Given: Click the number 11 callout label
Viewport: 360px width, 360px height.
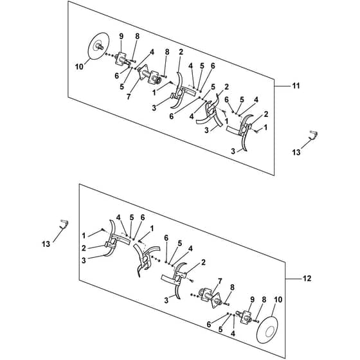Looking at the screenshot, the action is click(x=296, y=86).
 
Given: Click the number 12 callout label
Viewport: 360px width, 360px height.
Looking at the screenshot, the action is click(x=307, y=278).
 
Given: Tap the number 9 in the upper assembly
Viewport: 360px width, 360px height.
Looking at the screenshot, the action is click(x=122, y=36).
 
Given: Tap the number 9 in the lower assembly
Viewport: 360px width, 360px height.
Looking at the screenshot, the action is click(x=252, y=300).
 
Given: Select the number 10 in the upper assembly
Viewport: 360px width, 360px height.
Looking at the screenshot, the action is click(x=79, y=67).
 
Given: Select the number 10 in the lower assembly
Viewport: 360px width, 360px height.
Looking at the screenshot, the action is click(x=278, y=300).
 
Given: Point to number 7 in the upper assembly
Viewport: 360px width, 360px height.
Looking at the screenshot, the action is click(x=129, y=96).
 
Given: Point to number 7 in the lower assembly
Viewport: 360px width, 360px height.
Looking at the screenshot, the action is click(x=220, y=280).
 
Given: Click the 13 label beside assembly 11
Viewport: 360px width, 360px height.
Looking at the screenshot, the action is click(x=296, y=152).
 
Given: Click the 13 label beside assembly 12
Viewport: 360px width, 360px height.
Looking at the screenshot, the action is click(x=46, y=244).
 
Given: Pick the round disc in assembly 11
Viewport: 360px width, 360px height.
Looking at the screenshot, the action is click(x=98, y=46).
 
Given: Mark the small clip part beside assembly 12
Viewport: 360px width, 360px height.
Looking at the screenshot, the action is click(x=64, y=224).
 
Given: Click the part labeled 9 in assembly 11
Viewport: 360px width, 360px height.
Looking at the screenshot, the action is click(x=122, y=59).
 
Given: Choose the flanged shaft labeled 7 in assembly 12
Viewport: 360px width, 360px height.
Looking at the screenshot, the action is click(x=212, y=297).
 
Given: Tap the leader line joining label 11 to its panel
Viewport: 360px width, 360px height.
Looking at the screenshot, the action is click(x=282, y=86).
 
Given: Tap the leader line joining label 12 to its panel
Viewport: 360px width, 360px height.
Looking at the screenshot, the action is click(x=293, y=278).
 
